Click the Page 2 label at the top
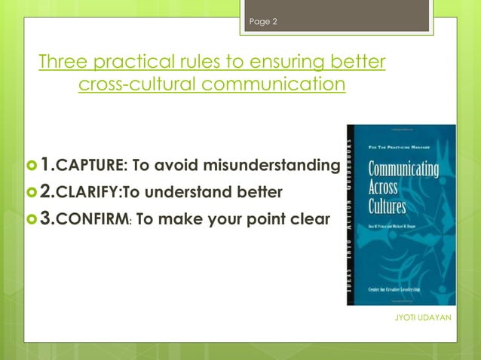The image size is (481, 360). tap(263, 22)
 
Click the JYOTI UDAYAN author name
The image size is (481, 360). tap(423, 318)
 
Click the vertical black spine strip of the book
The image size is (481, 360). tap(351, 215)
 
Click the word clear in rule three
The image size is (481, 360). tap(307, 220)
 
